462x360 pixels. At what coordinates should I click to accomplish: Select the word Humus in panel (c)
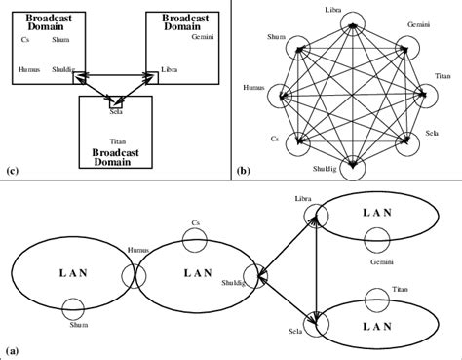click(x=29, y=70)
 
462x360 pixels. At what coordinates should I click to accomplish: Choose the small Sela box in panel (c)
click(x=116, y=102)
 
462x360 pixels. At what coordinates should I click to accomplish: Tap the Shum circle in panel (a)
click(x=73, y=309)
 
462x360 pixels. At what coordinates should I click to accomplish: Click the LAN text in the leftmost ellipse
click(x=66, y=268)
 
